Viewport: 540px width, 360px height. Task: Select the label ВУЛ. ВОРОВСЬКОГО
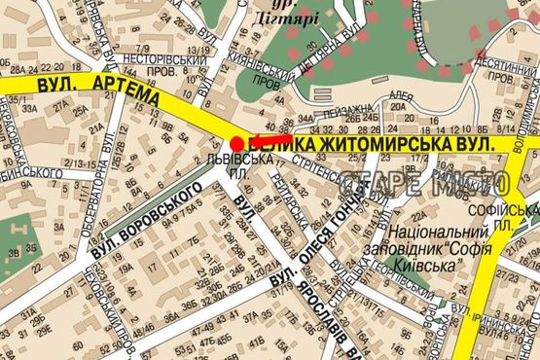148,219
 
